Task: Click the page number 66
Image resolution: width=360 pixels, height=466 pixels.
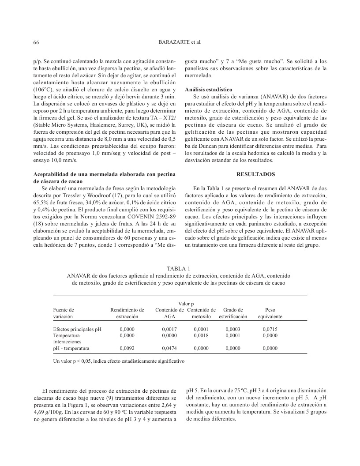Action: click(x=36, y=42)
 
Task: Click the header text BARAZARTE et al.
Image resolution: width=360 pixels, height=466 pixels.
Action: click(x=180, y=42)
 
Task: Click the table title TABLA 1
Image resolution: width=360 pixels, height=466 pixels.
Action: click(x=180, y=269)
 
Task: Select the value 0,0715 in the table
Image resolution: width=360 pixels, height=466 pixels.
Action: click(x=270, y=329)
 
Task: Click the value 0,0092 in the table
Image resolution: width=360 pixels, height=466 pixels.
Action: click(x=127, y=348)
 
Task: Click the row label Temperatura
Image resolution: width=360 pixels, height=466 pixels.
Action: click(x=66, y=335)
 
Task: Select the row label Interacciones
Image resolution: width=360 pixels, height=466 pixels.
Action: click(x=67, y=342)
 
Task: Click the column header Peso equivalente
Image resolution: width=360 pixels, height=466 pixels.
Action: click(x=270, y=313)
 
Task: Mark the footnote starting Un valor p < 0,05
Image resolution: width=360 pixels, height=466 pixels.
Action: click(x=119, y=361)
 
